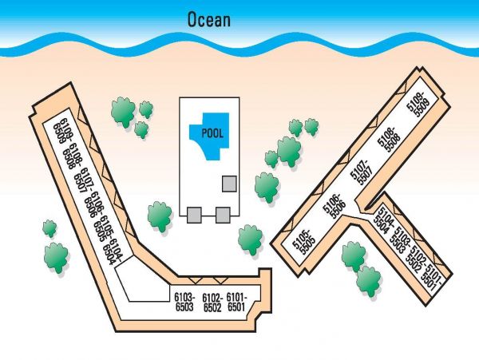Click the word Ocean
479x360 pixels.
point(209,20)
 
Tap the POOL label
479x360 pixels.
point(212,133)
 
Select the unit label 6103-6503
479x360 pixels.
point(184,302)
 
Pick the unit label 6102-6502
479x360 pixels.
point(212,303)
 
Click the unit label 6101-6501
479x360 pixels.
point(236,302)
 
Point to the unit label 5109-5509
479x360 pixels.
point(418,104)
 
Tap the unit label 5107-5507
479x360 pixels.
point(361,172)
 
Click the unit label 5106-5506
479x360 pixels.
point(335,206)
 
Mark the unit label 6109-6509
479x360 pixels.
point(63,131)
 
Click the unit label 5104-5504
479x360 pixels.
point(382,220)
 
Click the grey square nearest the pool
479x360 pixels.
point(229,184)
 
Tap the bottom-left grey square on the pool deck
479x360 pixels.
point(194,215)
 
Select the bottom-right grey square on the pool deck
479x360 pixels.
point(223,215)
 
